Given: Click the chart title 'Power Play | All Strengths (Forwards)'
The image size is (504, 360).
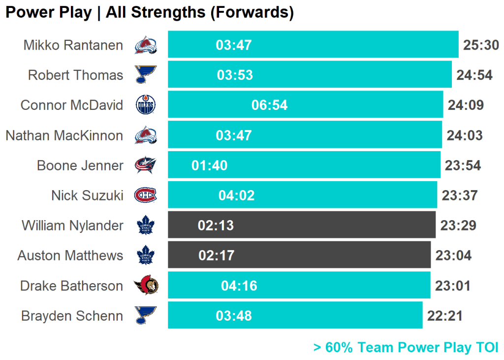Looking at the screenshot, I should [150, 12].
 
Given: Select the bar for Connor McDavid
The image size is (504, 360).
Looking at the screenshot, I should [305, 104].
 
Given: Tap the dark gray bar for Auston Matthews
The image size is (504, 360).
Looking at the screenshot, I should [299, 255].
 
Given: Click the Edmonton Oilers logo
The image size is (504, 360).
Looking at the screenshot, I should [146, 105].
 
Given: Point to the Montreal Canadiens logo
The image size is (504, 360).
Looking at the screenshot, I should [146, 195].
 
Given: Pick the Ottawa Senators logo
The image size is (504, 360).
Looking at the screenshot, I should [146, 285].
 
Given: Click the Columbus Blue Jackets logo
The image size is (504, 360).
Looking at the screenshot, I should [146, 165].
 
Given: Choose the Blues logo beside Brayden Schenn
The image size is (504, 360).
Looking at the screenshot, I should [146, 315].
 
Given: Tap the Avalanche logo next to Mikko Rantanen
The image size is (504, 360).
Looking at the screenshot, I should [146, 45].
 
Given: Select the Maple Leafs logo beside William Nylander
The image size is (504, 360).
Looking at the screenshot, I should [146, 226].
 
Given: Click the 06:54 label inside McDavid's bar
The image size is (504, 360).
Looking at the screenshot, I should [269, 105].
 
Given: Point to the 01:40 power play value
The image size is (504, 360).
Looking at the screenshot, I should [209, 165].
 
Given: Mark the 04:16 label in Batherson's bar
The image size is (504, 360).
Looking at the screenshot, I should [239, 286].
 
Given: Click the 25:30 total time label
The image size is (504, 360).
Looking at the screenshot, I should [481, 45].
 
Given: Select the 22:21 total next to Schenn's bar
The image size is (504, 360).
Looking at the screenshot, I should [445, 316].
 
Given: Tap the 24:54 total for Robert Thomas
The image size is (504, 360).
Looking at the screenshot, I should [474, 75].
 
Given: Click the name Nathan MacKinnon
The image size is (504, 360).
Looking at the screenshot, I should [64, 135].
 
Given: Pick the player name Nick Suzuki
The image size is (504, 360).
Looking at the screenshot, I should [87, 195].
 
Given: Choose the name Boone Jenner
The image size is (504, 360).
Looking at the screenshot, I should [80, 165].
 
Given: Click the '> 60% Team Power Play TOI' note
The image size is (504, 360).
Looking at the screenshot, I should [406, 347].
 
